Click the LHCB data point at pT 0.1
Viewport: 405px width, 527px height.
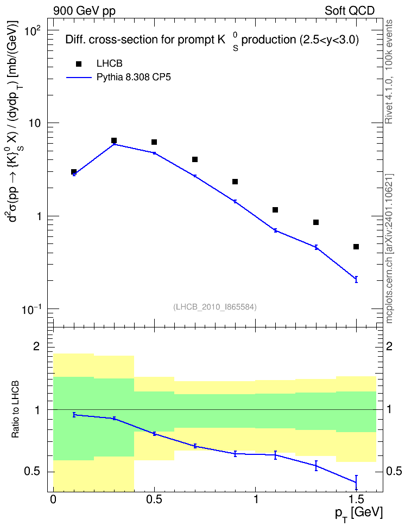pos(74,172)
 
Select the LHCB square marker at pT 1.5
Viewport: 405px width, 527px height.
pos(356,247)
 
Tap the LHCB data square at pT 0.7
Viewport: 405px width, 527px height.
pos(194,159)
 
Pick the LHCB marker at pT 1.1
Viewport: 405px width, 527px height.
pos(275,210)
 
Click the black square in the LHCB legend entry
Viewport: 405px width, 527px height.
pos(79,64)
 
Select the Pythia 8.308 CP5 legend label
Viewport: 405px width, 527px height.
pos(134,78)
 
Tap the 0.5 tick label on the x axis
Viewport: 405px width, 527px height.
pos(154,499)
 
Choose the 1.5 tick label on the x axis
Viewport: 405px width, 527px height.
pos(356,499)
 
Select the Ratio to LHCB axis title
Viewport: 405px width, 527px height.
pos(15,409)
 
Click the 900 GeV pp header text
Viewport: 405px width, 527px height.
pos(84,11)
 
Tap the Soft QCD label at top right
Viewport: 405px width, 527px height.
pos(350,11)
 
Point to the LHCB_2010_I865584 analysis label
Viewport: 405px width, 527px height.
pos(215,307)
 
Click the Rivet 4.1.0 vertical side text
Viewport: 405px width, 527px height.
pos(389,72)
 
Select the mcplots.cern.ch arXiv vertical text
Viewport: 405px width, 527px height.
pos(389,248)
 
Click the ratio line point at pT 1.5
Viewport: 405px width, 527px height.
pos(356,483)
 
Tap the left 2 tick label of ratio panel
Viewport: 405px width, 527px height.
pos(36,346)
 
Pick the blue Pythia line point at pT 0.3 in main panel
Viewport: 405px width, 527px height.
pos(114,144)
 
